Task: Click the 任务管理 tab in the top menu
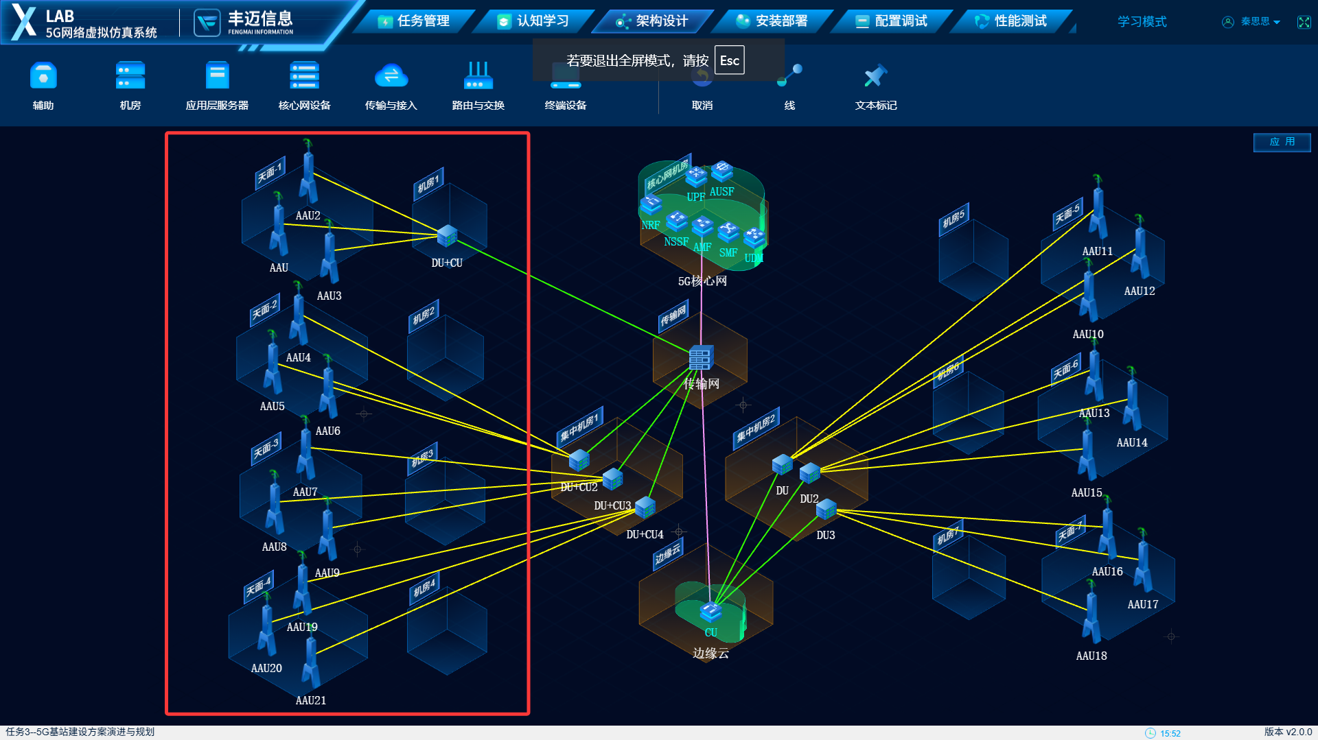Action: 414,21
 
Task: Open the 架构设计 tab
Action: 653,21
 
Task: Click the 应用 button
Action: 1281,142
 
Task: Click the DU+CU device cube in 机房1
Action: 447,235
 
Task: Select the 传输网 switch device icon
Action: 700,357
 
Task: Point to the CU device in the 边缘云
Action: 710,610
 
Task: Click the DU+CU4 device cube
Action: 645,508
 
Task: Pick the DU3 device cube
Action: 826,509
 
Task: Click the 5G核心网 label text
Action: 702,281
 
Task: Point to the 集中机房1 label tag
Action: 579,427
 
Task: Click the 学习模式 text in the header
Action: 1142,22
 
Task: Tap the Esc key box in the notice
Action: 729,60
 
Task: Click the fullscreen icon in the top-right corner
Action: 1304,22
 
